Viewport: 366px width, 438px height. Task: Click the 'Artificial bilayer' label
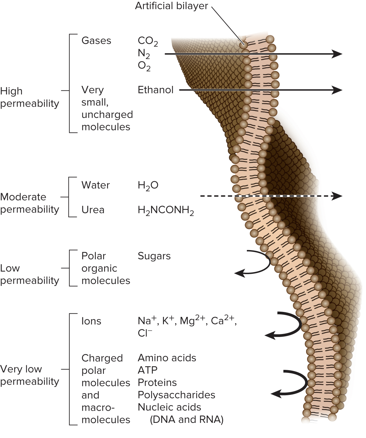171,6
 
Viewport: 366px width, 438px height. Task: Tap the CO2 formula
147,41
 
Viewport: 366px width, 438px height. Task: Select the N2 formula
144,54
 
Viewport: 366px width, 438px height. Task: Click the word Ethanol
155,90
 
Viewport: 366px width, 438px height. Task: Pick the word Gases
96,40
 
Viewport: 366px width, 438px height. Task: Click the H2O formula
148,186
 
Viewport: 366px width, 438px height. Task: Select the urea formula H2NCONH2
166,210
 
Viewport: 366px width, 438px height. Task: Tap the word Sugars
154,256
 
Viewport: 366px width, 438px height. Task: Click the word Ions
91,321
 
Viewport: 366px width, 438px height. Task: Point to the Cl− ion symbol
145,333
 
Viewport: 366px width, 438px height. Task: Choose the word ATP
147,370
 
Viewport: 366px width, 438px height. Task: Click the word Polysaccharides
176,395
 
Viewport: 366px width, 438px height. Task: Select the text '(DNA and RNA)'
186,420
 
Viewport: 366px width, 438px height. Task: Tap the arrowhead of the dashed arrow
337,196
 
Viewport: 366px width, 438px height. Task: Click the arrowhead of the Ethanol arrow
337,90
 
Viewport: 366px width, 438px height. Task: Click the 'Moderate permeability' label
30,203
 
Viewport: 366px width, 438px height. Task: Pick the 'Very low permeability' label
30,375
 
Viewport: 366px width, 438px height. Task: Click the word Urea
93,210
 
